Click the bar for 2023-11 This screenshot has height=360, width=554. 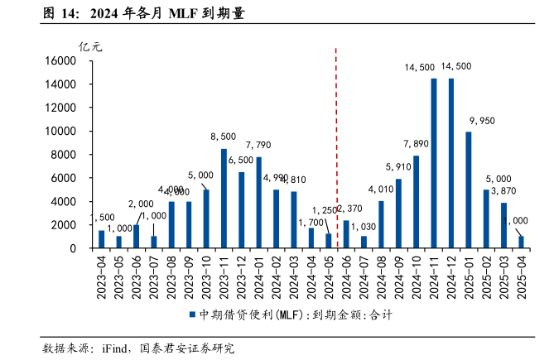(224, 199)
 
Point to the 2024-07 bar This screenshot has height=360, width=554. (364, 242)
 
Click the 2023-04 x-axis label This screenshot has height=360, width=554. (102, 277)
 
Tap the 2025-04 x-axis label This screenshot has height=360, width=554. (521, 277)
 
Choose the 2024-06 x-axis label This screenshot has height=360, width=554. (346, 277)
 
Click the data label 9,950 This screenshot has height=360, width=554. (482, 121)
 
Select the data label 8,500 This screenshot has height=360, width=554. (224, 137)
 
